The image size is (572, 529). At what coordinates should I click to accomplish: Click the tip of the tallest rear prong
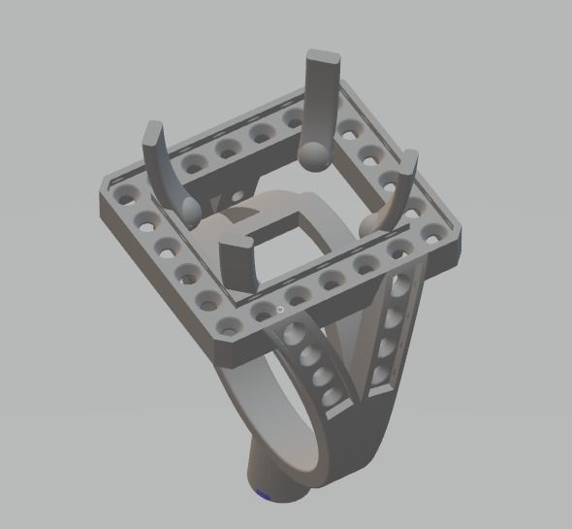325,56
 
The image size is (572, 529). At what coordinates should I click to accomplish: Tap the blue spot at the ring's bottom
263,496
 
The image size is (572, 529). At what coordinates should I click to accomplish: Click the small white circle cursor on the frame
280,310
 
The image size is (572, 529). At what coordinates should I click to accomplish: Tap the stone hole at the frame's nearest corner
230,324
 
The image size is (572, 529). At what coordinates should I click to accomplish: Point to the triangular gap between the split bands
356,340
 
